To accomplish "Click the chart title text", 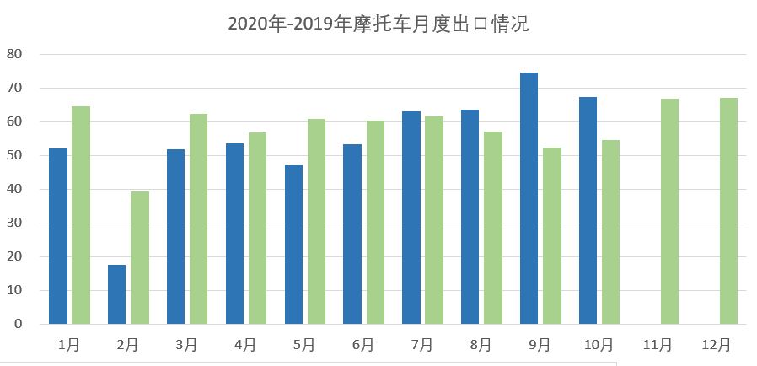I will tap(378, 24).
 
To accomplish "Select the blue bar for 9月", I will tap(529, 198).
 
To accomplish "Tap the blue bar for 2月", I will tap(116, 294).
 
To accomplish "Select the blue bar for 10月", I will tap(588, 210).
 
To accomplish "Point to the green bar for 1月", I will tap(81, 215).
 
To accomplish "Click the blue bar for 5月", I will tap(293, 245).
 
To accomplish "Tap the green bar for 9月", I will tap(552, 235).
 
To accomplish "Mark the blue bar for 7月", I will tap(411, 218).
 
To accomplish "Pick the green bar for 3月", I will tap(198, 218).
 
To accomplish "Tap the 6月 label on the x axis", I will tap(363, 344).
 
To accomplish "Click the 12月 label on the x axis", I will tap(717, 344).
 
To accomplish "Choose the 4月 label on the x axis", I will tap(245, 344).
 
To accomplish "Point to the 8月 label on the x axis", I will tap(481, 344).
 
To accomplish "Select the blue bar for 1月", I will tap(58, 236).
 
